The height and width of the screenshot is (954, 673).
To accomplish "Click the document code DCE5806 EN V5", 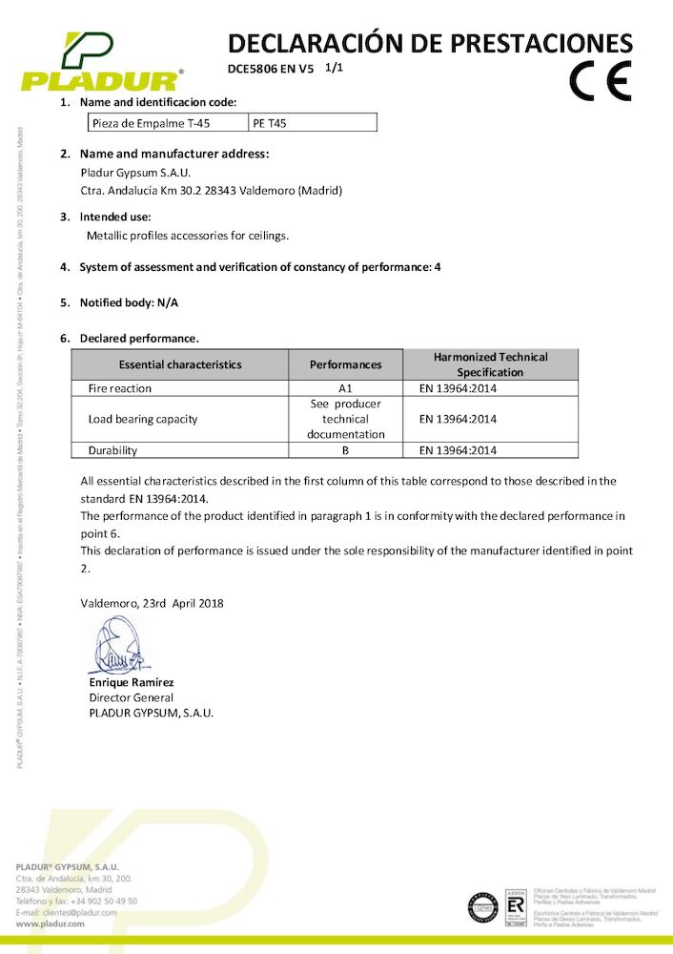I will (x=271, y=69).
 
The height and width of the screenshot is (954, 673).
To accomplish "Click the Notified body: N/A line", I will (x=129, y=302).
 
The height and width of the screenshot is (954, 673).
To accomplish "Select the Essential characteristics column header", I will (x=180, y=364).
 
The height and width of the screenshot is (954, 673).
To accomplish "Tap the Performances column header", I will (x=346, y=364).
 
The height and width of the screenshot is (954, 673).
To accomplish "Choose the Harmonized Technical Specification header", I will (x=490, y=364).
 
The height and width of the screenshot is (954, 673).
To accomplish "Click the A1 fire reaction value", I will (x=346, y=388).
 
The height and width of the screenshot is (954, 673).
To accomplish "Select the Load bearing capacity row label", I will (x=143, y=419).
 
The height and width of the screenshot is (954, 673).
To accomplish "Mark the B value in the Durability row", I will (x=346, y=450).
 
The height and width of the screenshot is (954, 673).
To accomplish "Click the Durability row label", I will (x=112, y=450).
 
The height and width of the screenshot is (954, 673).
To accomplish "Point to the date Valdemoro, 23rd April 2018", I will (x=153, y=603).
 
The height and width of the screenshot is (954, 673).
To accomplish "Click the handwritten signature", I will (x=119, y=648).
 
